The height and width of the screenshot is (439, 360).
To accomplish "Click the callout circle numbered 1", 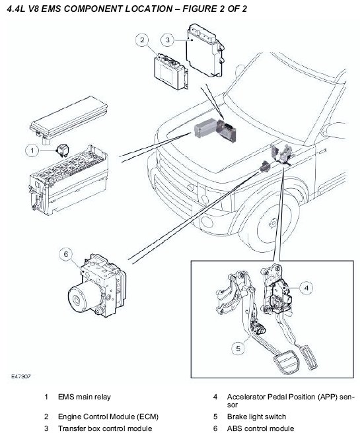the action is [x=32, y=151].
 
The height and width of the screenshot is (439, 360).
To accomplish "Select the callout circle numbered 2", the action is [x=142, y=40].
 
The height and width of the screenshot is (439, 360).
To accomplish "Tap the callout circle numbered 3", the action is [x=168, y=40].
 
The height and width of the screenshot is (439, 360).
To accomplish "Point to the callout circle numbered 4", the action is [x=306, y=288].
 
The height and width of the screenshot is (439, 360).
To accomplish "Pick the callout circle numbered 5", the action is [x=238, y=349].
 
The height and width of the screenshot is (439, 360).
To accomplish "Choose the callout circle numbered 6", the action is [x=66, y=254].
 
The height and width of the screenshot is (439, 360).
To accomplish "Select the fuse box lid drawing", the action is [x=69, y=119].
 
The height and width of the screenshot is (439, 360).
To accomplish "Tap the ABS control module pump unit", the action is [x=96, y=285].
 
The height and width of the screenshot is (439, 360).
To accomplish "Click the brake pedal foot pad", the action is [x=287, y=363].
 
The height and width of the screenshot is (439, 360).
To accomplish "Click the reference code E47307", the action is [x=20, y=376].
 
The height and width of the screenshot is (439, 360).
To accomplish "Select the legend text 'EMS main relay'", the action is [x=85, y=397].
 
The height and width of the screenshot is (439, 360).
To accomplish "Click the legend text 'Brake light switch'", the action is [x=256, y=417].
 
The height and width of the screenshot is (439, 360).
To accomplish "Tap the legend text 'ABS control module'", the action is [x=260, y=428].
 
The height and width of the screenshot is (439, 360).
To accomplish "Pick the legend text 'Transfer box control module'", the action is [x=105, y=428].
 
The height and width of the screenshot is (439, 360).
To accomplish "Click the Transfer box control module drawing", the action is [x=205, y=50].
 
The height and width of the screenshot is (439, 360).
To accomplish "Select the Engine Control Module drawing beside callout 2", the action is [x=171, y=71].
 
